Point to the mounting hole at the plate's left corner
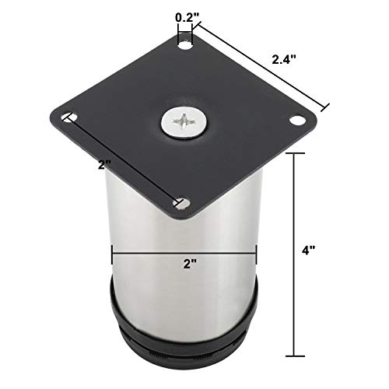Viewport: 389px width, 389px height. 69,117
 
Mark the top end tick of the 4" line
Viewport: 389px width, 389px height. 293,154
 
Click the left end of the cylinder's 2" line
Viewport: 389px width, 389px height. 114,251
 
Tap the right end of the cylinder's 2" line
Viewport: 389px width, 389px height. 256,251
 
